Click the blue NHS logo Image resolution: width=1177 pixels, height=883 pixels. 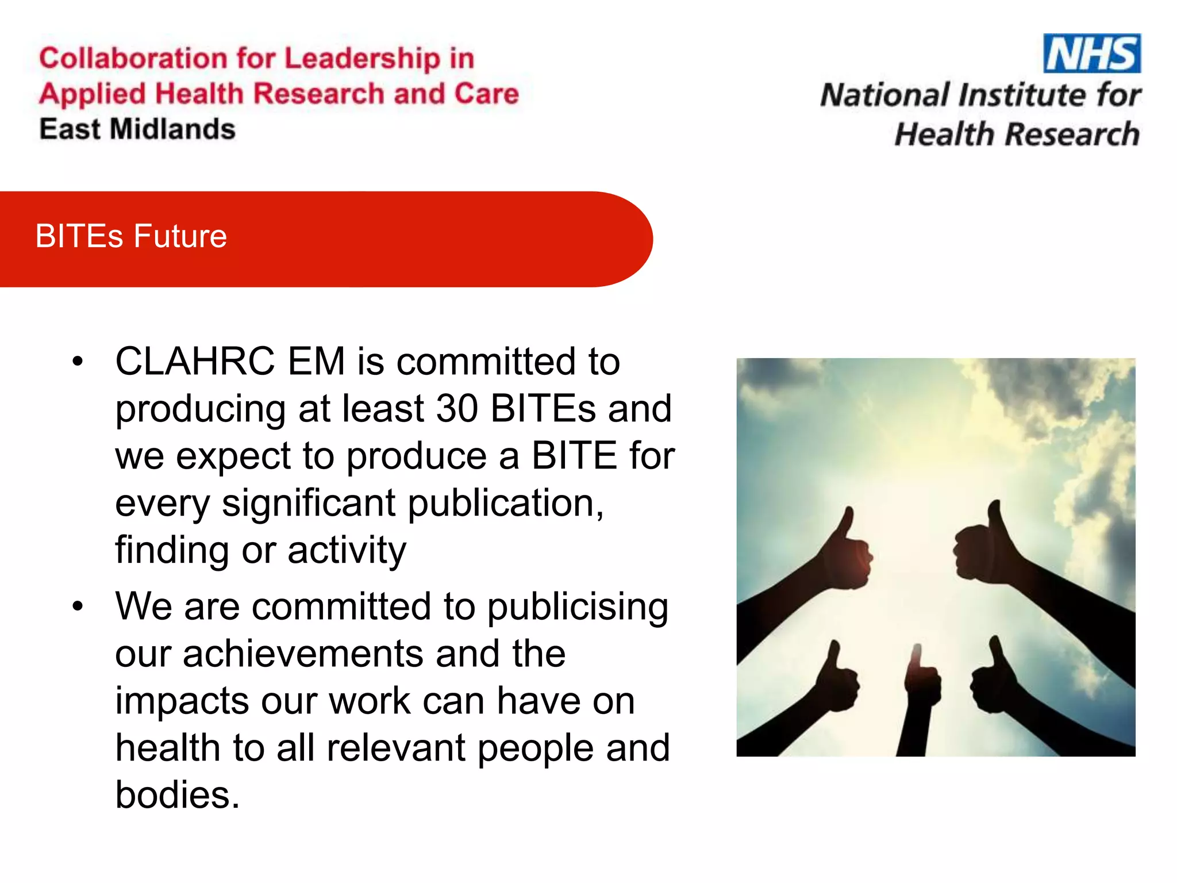pyautogui.click(x=1091, y=53)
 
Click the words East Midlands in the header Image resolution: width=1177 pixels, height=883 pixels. pyautogui.click(x=137, y=129)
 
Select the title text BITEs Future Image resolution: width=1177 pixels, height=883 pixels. pyautogui.click(x=131, y=236)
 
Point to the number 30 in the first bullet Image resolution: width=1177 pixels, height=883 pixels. pyautogui.click(x=457, y=409)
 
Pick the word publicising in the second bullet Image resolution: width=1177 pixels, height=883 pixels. pyautogui.click(x=578, y=607)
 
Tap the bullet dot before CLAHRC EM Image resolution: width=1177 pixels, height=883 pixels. pyautogui.click(x=78, y=362)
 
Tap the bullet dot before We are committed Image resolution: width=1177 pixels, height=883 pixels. pyautogui.click(x=78, y=606)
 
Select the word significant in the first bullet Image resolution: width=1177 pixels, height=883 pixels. pyautogui.click(x=309, y=503)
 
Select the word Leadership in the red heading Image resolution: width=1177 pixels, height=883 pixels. pyautogui.click(x=362, y=58)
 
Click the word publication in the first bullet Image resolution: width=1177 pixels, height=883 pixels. pyautogui.click(x=506, y=503)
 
